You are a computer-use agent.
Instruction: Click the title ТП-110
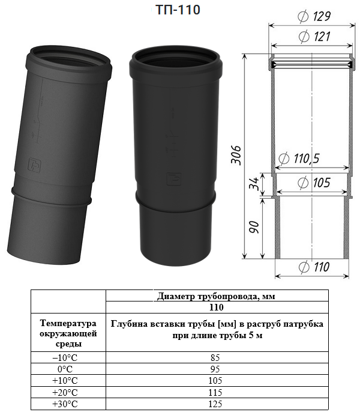tap(178, 10)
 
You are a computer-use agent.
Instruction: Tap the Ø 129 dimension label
tap(314, 16)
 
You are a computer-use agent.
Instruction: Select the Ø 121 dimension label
tap(314, 36)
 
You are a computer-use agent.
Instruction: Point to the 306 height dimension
tap(236, 155)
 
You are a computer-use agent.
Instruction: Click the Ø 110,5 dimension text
tap(299, 159)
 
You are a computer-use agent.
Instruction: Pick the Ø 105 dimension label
tap(314, 183)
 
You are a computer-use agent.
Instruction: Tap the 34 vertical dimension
tap(253, 183)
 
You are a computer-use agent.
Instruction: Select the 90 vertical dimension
tap(254, 227)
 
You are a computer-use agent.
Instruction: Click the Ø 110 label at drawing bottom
tap(314, 267)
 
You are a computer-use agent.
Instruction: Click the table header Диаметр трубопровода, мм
tap(216, 296)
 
